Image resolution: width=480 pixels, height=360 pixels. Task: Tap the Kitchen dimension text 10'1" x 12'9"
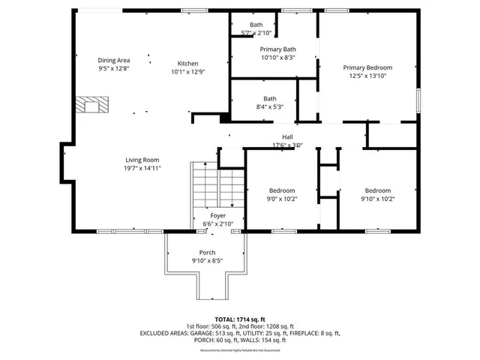pos(187,73)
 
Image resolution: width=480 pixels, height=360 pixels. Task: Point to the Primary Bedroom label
pos(367,67)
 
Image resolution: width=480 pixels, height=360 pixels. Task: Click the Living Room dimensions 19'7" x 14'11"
pos(142,168)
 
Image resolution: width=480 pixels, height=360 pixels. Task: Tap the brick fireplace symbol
pos(94,104)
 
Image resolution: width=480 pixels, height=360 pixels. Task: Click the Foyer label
pos(217,215)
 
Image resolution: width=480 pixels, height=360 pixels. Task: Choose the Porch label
pos(208,252)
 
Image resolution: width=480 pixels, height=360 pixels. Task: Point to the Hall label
pos(287,136)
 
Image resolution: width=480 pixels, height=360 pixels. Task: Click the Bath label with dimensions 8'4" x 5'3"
pos(269,98)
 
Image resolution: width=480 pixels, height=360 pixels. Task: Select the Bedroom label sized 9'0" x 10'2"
pos(282,190)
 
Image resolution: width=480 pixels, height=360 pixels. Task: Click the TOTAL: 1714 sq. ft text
pos(239,319)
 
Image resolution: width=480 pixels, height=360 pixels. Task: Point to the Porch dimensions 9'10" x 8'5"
pos(208,261)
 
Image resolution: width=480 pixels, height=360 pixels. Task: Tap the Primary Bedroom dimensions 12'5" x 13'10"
pos(367,76)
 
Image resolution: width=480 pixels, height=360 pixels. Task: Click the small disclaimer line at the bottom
pos(239,350)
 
